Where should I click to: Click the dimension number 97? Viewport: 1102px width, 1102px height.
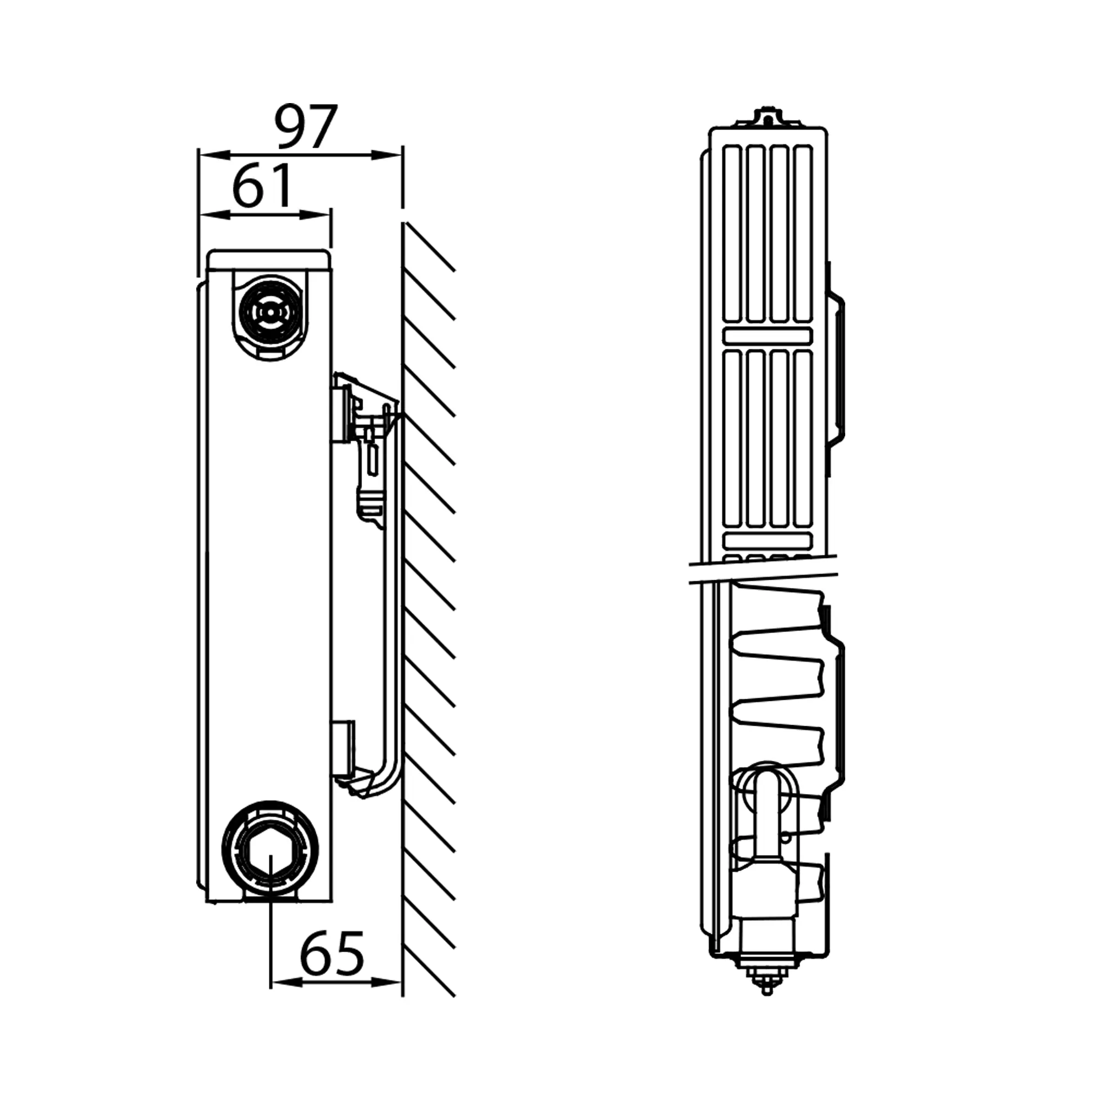[306, 127]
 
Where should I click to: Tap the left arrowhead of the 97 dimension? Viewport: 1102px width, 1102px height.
[214, 155]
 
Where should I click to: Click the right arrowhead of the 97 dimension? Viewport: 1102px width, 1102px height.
[386, 155]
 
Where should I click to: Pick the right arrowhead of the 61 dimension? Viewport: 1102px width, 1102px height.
[315, 214]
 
